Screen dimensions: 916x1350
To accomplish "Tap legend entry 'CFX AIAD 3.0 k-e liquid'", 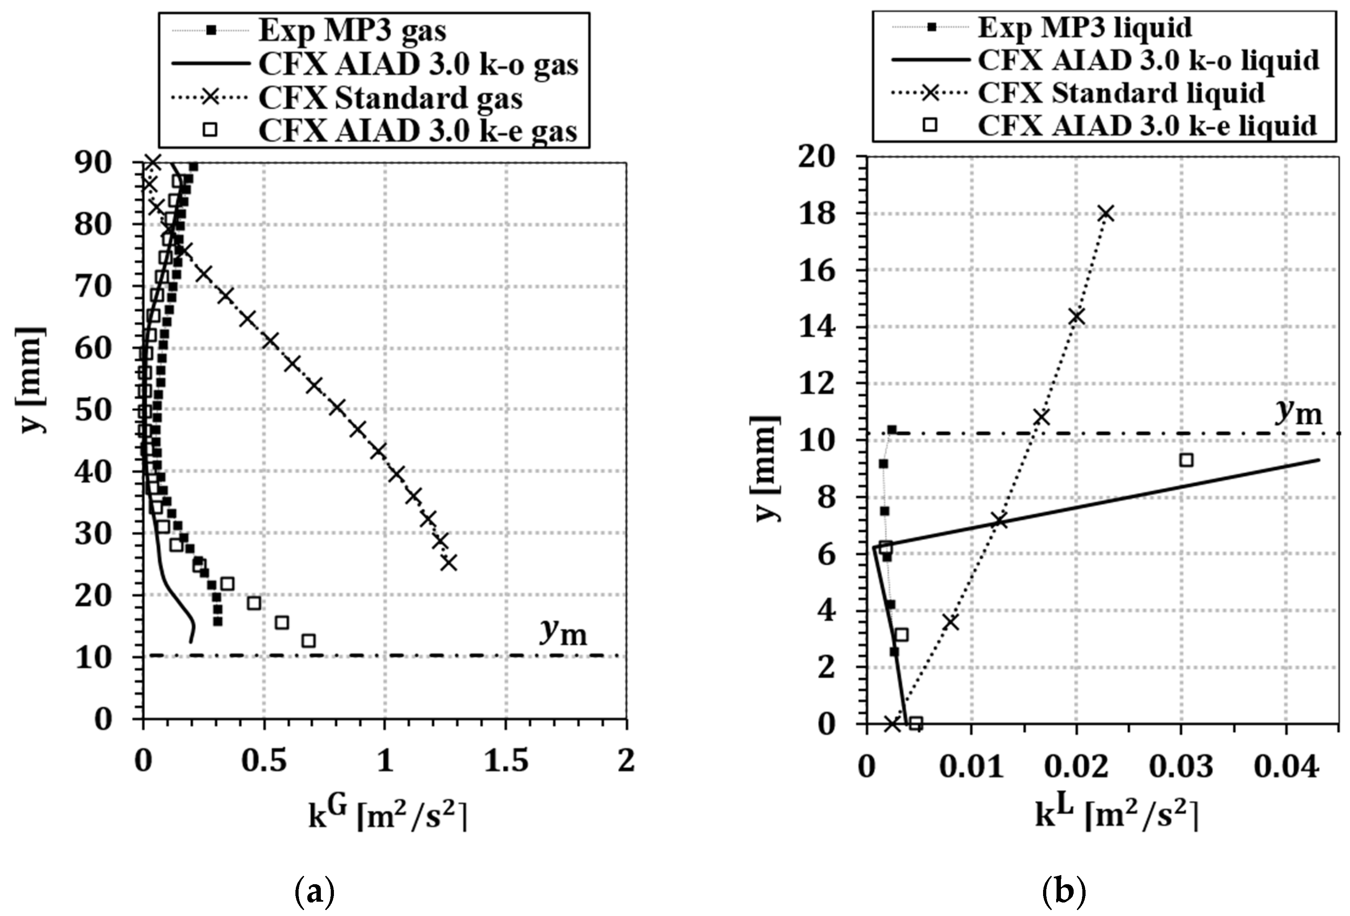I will coord(1147,125).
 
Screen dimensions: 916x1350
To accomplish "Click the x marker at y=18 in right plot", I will coord(1106,213).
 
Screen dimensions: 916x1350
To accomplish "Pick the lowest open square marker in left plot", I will coord(309,640).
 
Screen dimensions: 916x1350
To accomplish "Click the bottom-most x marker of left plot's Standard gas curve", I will coord(448,562).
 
